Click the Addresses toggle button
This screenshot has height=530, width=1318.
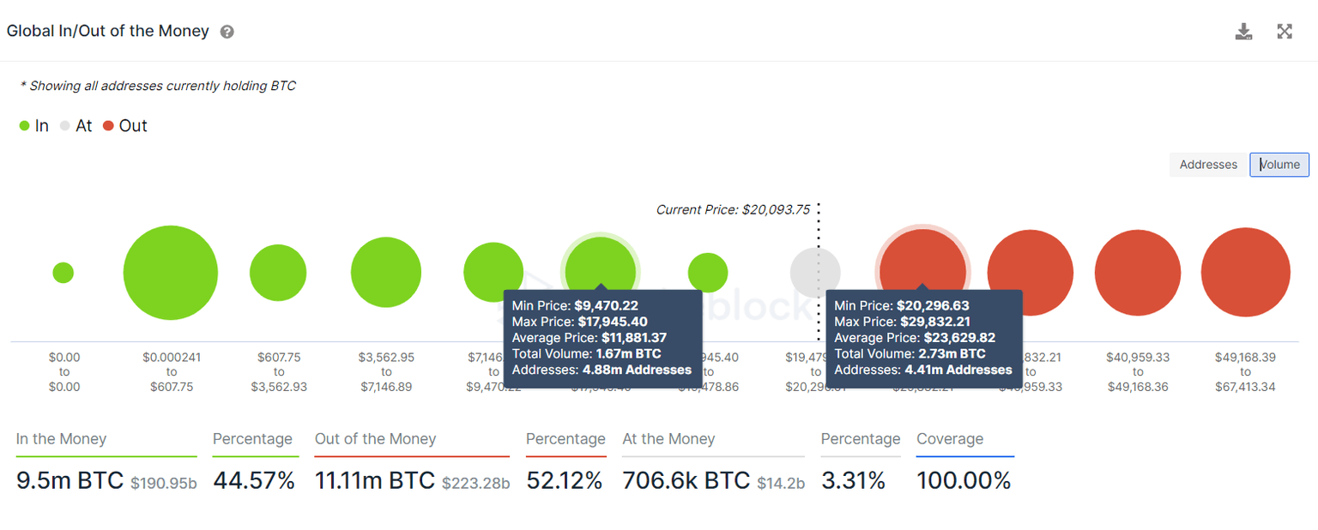[1208, 165]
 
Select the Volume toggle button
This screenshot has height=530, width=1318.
[1279, 165]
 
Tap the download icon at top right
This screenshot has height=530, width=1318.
[1243, 32]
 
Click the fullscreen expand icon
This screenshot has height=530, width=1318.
[1285, 32]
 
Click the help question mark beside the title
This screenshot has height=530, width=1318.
[227, 32]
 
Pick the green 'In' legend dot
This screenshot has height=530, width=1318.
[24, 126]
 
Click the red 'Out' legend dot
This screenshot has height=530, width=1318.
[108, 126]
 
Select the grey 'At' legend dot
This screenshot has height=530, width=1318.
[65, 126]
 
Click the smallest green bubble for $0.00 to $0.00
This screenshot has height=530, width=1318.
[63, 273]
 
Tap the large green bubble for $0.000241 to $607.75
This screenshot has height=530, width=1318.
[170, 273]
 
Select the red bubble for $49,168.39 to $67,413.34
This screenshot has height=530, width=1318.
[1245, 273]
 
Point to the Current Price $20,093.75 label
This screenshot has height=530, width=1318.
[732, 209]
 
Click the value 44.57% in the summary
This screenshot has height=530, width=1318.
[253, 480]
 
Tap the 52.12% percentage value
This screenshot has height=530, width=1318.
[564, 480]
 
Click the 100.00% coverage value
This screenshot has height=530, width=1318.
[964, 480]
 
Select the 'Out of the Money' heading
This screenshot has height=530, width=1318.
[375, 439]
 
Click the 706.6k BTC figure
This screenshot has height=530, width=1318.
[686, 480]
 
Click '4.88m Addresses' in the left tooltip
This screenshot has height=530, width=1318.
[637, 370]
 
